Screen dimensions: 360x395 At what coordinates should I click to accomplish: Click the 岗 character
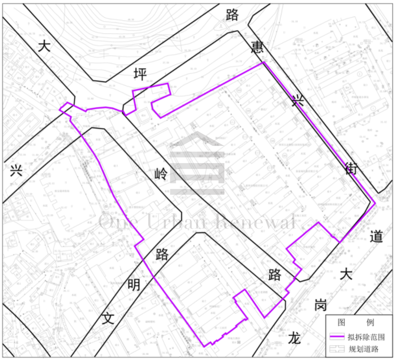click(321, 305)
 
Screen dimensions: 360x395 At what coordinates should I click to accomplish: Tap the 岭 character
click(161, 174)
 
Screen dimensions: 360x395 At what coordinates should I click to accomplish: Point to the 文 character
click(107, 318)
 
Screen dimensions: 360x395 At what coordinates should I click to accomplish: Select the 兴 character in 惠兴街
click(298, 100)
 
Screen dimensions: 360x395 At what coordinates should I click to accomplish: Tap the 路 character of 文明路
click(162, 254)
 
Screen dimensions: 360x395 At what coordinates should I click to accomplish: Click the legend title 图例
click(359, 323)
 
